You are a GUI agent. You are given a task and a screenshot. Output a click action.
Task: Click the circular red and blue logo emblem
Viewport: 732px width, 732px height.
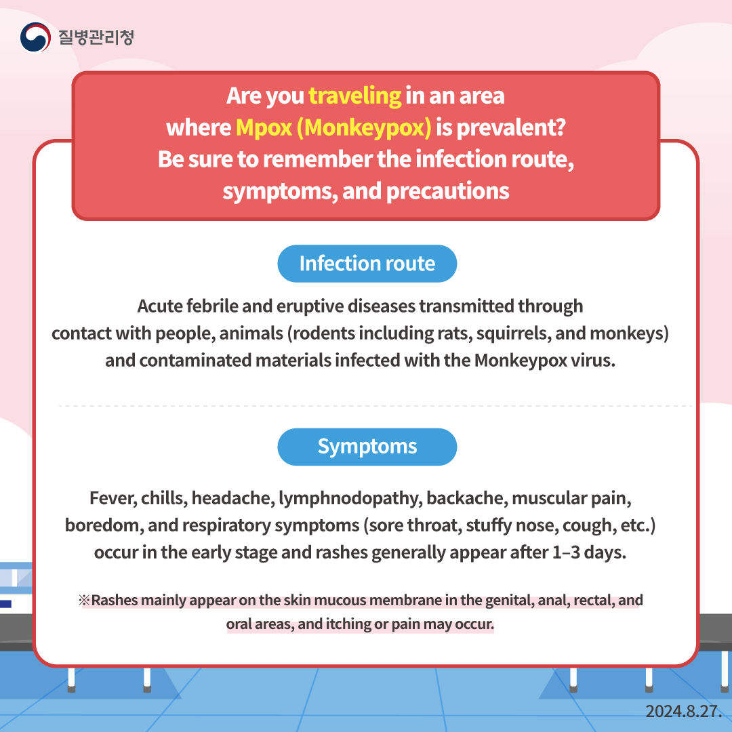(35, 37)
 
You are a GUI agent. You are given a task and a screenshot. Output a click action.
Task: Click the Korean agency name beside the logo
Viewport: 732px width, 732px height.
(96, 37)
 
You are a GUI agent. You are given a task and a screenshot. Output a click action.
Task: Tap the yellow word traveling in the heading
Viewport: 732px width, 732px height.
(354, 96)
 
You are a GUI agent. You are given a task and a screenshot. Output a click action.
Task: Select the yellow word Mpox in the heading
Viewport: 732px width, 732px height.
(264, 127)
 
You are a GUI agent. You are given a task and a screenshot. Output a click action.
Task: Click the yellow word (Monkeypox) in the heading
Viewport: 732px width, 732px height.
(364, 127)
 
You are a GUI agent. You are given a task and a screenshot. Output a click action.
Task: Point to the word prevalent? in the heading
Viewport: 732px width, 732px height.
(511, 127)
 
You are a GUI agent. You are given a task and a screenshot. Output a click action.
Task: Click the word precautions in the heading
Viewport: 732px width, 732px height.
(448, 191)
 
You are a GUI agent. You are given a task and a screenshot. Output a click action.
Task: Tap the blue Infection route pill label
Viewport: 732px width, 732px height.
(367, 264)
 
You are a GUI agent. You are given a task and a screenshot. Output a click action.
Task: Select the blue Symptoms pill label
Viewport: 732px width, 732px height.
(367, 447)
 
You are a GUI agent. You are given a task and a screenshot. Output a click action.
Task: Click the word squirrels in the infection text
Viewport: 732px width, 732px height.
(513, 333)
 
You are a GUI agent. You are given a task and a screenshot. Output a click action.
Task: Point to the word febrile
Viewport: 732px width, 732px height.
(212, 306)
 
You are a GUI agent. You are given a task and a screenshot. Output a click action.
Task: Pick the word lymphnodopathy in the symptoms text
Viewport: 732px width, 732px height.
(350, 499)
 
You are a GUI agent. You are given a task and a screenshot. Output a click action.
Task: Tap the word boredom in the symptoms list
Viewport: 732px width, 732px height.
(104, 525)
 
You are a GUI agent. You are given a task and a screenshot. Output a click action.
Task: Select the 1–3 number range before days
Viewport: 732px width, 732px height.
(566, 552)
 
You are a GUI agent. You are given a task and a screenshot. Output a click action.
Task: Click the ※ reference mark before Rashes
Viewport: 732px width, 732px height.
(84, 600)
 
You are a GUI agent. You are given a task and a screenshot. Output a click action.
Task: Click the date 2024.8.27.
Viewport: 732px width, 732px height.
(683, 711)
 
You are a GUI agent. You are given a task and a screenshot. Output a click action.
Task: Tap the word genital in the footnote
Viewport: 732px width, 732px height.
(510, 601)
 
